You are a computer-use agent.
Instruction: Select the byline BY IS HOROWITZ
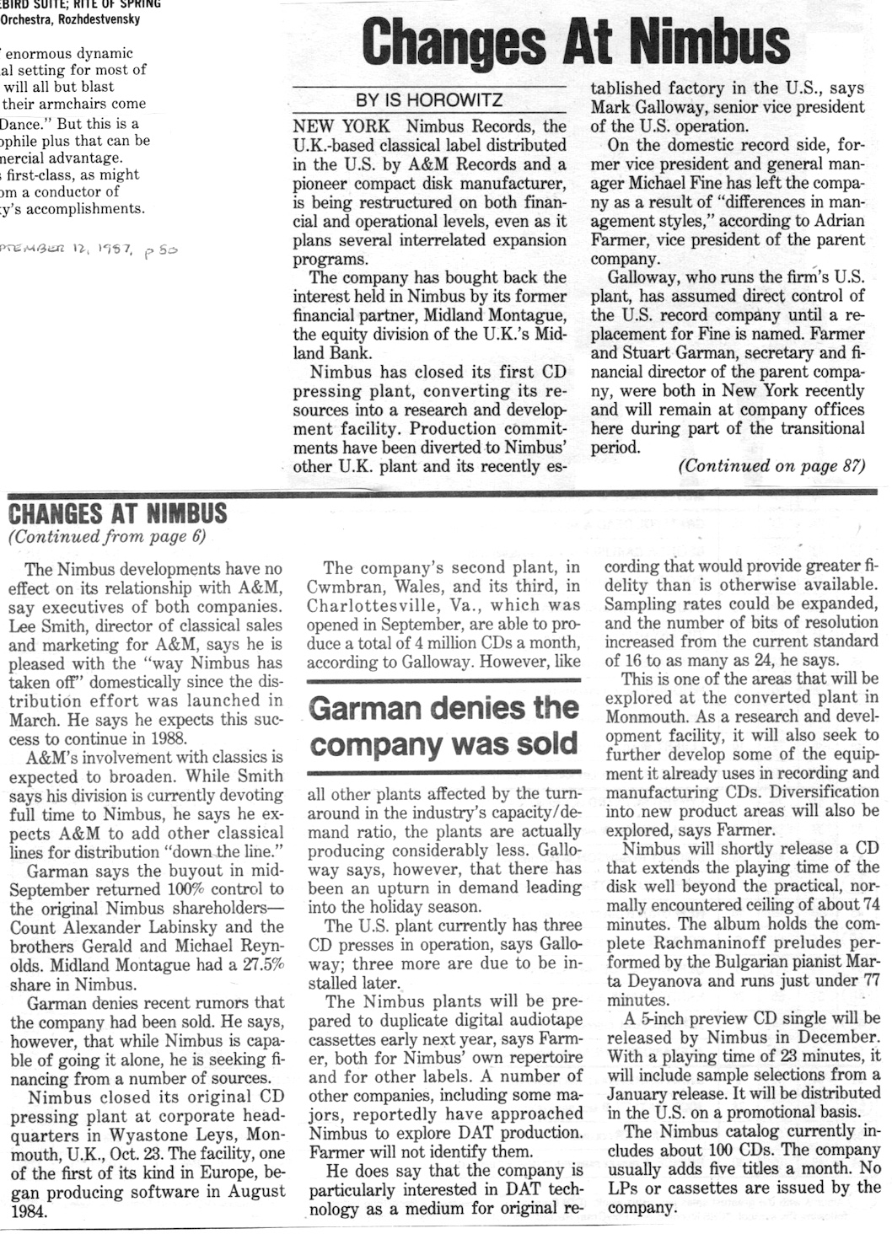[x=429, y=100]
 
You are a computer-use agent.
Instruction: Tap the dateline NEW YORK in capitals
[x=341, y=126]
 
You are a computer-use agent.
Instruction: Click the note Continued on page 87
[x=771, y=465]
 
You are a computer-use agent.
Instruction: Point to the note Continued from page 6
[x=106, y=537]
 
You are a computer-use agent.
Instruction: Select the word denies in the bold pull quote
[x=474, y=708]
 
